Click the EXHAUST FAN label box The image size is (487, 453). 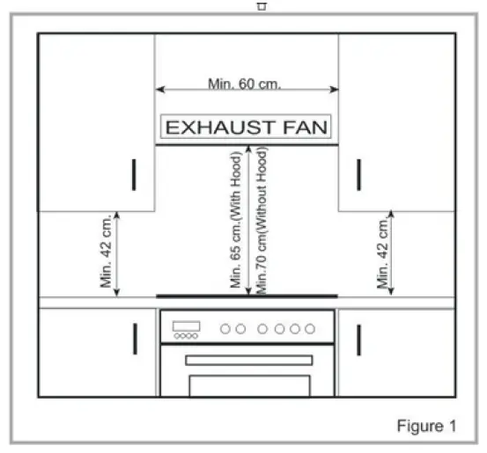click(x=246, y=127)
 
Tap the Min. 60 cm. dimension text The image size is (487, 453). click(x=245, y=84)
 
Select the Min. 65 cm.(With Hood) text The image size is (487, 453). click(x=236, y=220)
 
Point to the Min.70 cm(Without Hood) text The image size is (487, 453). click(x=262, y=220)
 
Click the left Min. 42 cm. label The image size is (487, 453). click(x=106, y=251)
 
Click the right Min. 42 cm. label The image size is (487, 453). click(x=382, y=253)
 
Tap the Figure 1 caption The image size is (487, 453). click(x=427, y=426)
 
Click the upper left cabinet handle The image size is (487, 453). click(x=134, y=175)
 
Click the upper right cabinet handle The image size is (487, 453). click(x=358, y=175)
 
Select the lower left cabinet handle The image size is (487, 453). click(x=135, y=339)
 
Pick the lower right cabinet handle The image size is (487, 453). click(x=358, y=340)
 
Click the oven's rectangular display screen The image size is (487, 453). click(x=187, y=326)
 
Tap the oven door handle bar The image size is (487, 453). click(x=248, y=361)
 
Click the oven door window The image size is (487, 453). click(x=250, y=385)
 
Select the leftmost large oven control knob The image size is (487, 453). click(x=225, y=329)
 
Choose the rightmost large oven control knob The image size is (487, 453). click(x=310, y=329)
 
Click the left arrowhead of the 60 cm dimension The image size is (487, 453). click(x=159, y=90)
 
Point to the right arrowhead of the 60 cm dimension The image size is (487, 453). click(x=334, y=90)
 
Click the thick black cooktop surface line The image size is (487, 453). click(x=247, y=296)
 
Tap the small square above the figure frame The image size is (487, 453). click(x=262, y=6)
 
